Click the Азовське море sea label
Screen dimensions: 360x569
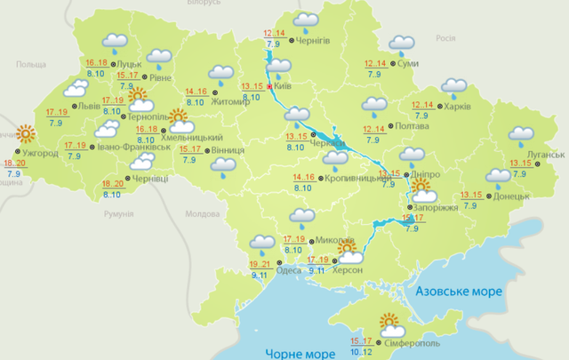pyautogui.click(x=459, y=291)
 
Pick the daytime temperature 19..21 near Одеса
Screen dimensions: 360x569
pyautogui.click(x=260, y=265)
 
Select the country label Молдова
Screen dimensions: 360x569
pyautogui.click(x=202, y=214)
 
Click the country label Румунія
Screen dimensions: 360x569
pyautogui.click(x=118, y=214)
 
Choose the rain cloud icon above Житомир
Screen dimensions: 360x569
pyautogui.click(x=220, y=76)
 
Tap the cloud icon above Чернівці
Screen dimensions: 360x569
pyautogui.click(x=143, y=163)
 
